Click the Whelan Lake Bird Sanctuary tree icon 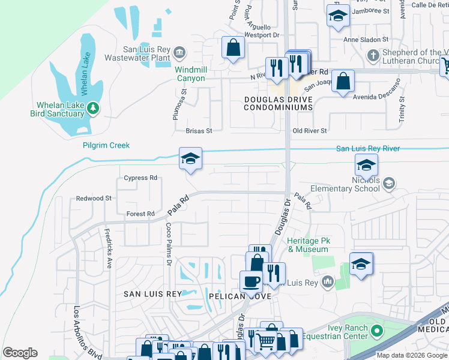pyautogui.click(x=92, y=108)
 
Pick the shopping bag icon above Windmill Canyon pyautogui.click(x=233, y=47)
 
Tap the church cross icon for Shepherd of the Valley pyautogui.click(x=373, y=56)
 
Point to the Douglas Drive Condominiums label pyautogui.click(x=279, y=103)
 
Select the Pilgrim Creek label pyautogui.click(x=106, y=145)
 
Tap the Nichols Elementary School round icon pyautogui.click(x=388, y=182)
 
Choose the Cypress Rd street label pyautogui.click(x=140, y=178)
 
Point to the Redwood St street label pyautogui.click(x=94, y=198)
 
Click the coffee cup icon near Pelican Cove pyautogui.click(x=250, y=280)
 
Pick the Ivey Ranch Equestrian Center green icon pyautogui.click(x=376, y=330)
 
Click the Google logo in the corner pyautogui.click(x=20, y=353)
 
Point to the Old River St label pyautogui.click(x=309, y=130)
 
